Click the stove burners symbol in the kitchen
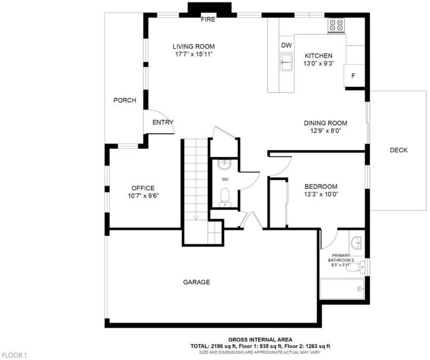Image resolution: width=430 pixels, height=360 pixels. [336, 25]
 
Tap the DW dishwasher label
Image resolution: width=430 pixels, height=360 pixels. [286, 45]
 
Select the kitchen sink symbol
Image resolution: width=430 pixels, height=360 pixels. [286, 62]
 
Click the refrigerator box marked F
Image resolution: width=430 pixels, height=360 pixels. [354, 76]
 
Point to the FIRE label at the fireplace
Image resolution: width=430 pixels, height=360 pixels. [208, 19]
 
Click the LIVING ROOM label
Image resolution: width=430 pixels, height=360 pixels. [193, 47]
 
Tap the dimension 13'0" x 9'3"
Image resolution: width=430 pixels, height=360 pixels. [318, 64]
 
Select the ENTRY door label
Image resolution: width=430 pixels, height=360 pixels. [163, 122]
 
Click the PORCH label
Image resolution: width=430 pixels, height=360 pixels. [125, 100]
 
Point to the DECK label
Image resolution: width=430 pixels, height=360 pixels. [398, 150]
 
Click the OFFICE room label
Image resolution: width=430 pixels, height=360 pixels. [143, 188]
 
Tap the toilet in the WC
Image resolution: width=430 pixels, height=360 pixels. [225, 197]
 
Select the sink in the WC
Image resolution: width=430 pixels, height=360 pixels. [225, 164]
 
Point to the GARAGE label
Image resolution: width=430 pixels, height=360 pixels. [196, 282]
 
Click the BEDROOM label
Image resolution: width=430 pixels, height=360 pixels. [321, 187]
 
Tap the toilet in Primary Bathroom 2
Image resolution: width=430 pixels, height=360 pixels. [356, 266]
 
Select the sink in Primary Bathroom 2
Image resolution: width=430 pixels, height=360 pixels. [357, 243]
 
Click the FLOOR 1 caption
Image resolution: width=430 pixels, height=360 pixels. [14, 355]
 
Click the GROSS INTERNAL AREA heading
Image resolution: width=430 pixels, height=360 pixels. [260, 340]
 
